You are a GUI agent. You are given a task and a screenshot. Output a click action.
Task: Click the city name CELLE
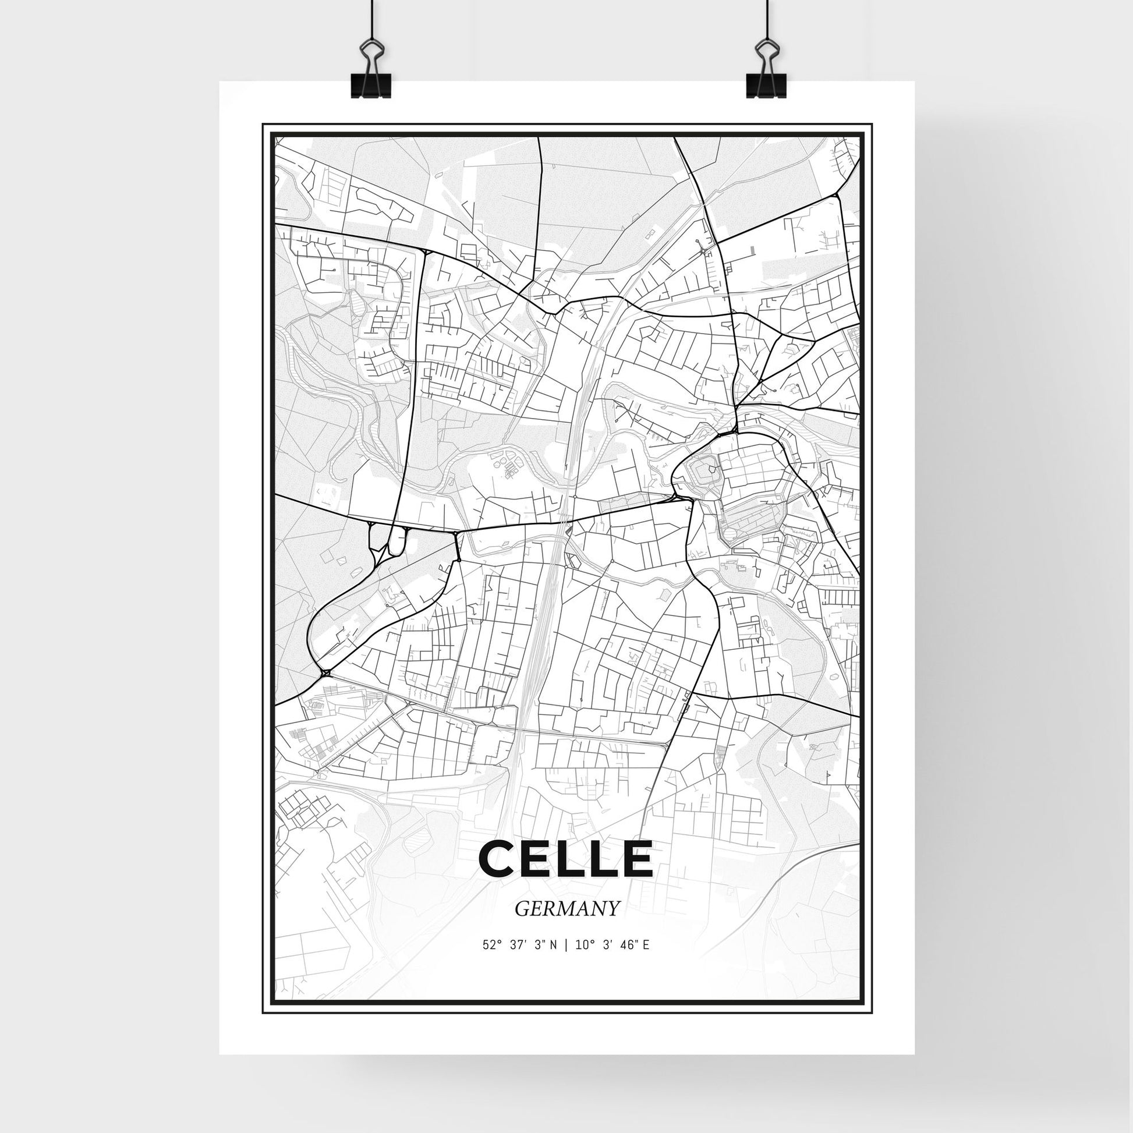pyautogui.click(x=566, y=859)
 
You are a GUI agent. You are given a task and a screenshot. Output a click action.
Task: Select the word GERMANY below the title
pyautogui.click(x=566, y=908)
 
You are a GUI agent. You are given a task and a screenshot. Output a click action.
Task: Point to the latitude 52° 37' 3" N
pyautogui.click(x=519, y=945)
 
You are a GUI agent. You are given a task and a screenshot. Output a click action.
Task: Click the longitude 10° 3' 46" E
pyautogui.click(x=613, y=945)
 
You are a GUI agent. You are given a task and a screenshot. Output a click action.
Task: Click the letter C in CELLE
pyautogui.click(x=496, y=859)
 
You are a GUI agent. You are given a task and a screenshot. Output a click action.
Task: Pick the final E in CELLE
pyautogui.click(x=636, y=859)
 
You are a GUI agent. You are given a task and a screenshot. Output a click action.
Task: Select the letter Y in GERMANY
pyautogui.click(x=612, y=908)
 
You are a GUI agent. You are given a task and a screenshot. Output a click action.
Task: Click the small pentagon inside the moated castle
pyautogui.click(x=711, y=469)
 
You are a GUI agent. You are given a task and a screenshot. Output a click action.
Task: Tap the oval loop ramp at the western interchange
pyautogui.click(x=396, y=540)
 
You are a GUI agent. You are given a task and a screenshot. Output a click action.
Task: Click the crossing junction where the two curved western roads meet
pyautogui.click(x=325, y=672)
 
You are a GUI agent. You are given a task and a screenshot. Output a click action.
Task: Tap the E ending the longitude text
pyautogui.click(x=646, y=945)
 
